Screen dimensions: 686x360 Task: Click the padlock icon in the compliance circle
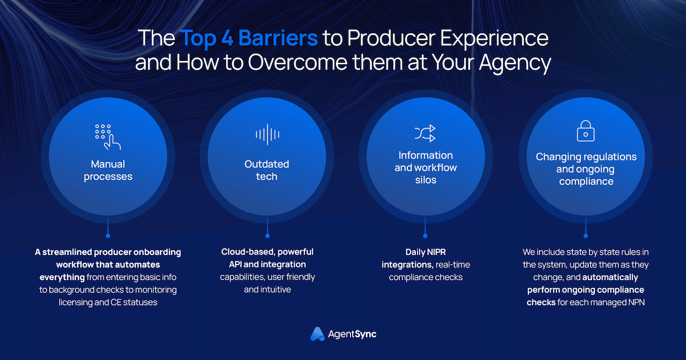(586, 131)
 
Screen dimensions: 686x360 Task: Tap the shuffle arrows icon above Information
(425, 133)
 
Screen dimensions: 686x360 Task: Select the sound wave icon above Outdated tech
(267, 134)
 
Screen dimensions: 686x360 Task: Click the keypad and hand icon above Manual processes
(108, 137)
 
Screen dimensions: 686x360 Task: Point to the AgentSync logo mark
(317, 334)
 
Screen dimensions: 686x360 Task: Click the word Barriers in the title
(278, 38)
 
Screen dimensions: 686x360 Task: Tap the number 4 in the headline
(227, 38)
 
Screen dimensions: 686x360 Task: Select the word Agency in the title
(515, 63)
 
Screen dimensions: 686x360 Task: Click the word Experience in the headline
(494, 38)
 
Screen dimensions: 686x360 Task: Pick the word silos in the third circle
(426, 180)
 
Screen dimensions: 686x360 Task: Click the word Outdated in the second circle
(267, 164)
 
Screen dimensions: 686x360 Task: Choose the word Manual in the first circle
(108, 164)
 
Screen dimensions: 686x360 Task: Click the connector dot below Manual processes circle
(108, 236)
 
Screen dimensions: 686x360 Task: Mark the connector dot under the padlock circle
(586, 236)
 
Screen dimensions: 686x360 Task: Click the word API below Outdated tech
(235, 265)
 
